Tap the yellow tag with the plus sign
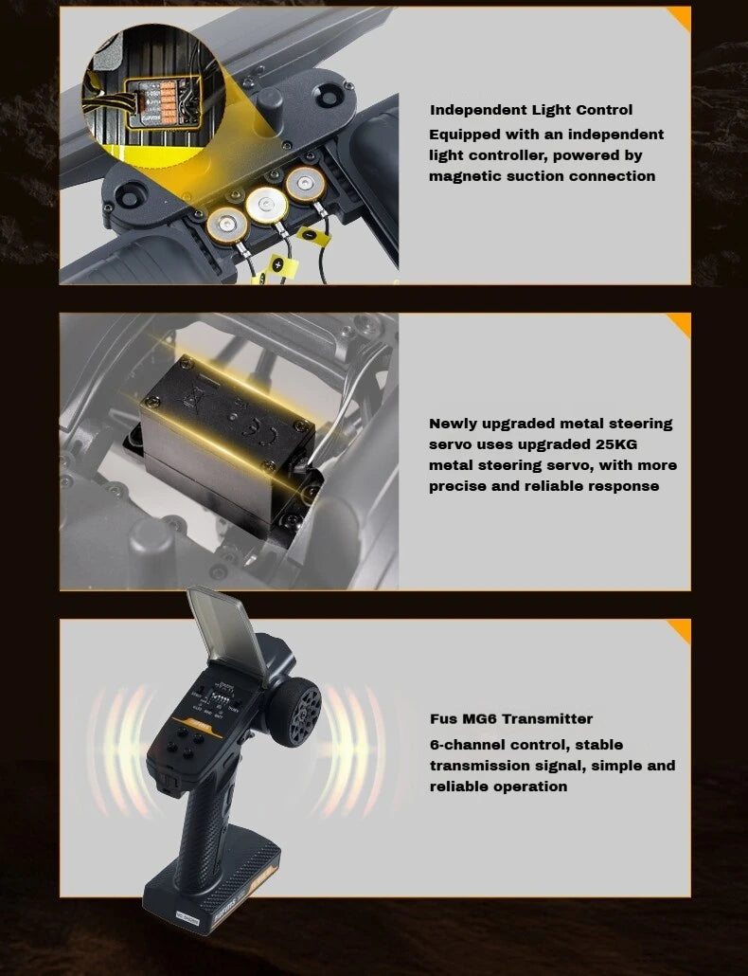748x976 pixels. click(x=279, y=265)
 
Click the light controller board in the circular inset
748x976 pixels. click(x=163, y=103)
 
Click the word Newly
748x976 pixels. click(x=454, y=424)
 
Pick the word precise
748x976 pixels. click(x=457, y=486)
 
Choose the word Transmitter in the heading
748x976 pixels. click(x=547, y=719)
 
